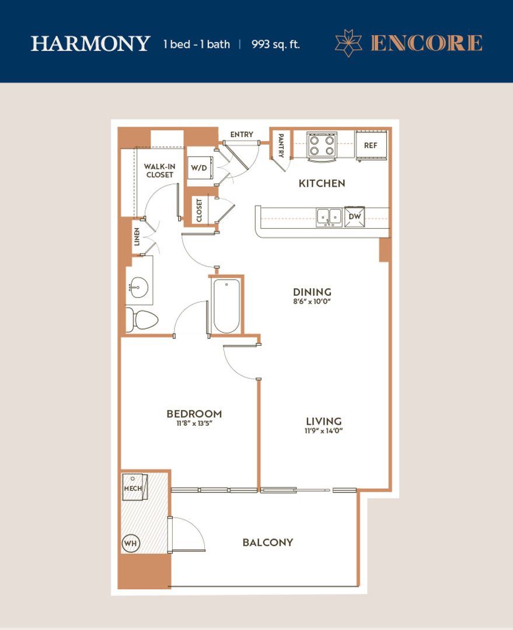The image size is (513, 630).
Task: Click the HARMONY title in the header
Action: coord(90,43)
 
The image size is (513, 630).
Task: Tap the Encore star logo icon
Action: coord(348,43)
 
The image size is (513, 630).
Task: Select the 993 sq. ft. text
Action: coord(276,44)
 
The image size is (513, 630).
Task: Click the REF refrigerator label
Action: coord(371,145)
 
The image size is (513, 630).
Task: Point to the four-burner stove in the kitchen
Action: coord(322,146)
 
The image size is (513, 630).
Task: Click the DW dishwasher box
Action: coord(355,216)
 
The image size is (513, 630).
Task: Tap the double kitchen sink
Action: coord(329,218)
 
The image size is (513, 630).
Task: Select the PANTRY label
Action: coord(281,145)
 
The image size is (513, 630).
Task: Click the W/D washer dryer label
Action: coord(199,167)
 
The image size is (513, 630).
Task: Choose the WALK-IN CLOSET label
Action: coord(159,170)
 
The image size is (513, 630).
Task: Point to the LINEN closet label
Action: coord(137,237)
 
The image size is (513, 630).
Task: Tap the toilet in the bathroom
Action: coord(142,320)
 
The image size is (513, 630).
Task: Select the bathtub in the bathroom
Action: coord(227,306)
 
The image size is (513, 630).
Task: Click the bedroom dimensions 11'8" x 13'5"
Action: coord(194,423)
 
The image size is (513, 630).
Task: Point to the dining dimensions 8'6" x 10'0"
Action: coord(312,302)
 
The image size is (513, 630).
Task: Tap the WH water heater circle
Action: coord(130,544)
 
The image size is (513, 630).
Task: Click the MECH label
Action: coord(132,489)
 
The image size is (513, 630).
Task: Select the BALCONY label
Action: coord(268,542)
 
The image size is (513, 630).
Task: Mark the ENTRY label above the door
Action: coord(242,134)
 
